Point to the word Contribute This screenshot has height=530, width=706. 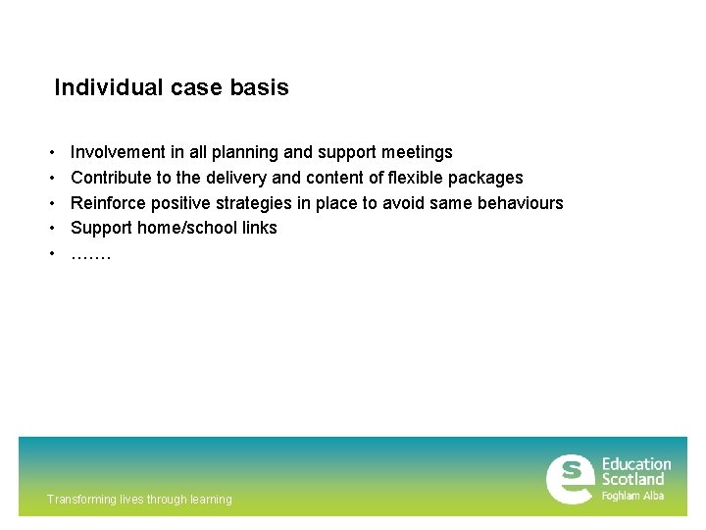pos(111,178)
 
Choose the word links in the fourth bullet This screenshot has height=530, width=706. pos(259,228)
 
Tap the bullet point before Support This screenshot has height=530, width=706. pos(50,229)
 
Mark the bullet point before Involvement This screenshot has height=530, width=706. pos(50,153)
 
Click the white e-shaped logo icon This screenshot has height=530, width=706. pos(570,478)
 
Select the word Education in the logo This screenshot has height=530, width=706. pos(636,464)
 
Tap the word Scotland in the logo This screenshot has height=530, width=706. pos(632,480)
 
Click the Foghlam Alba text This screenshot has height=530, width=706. pos(632,496)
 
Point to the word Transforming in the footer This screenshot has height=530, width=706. pos(81,500)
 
